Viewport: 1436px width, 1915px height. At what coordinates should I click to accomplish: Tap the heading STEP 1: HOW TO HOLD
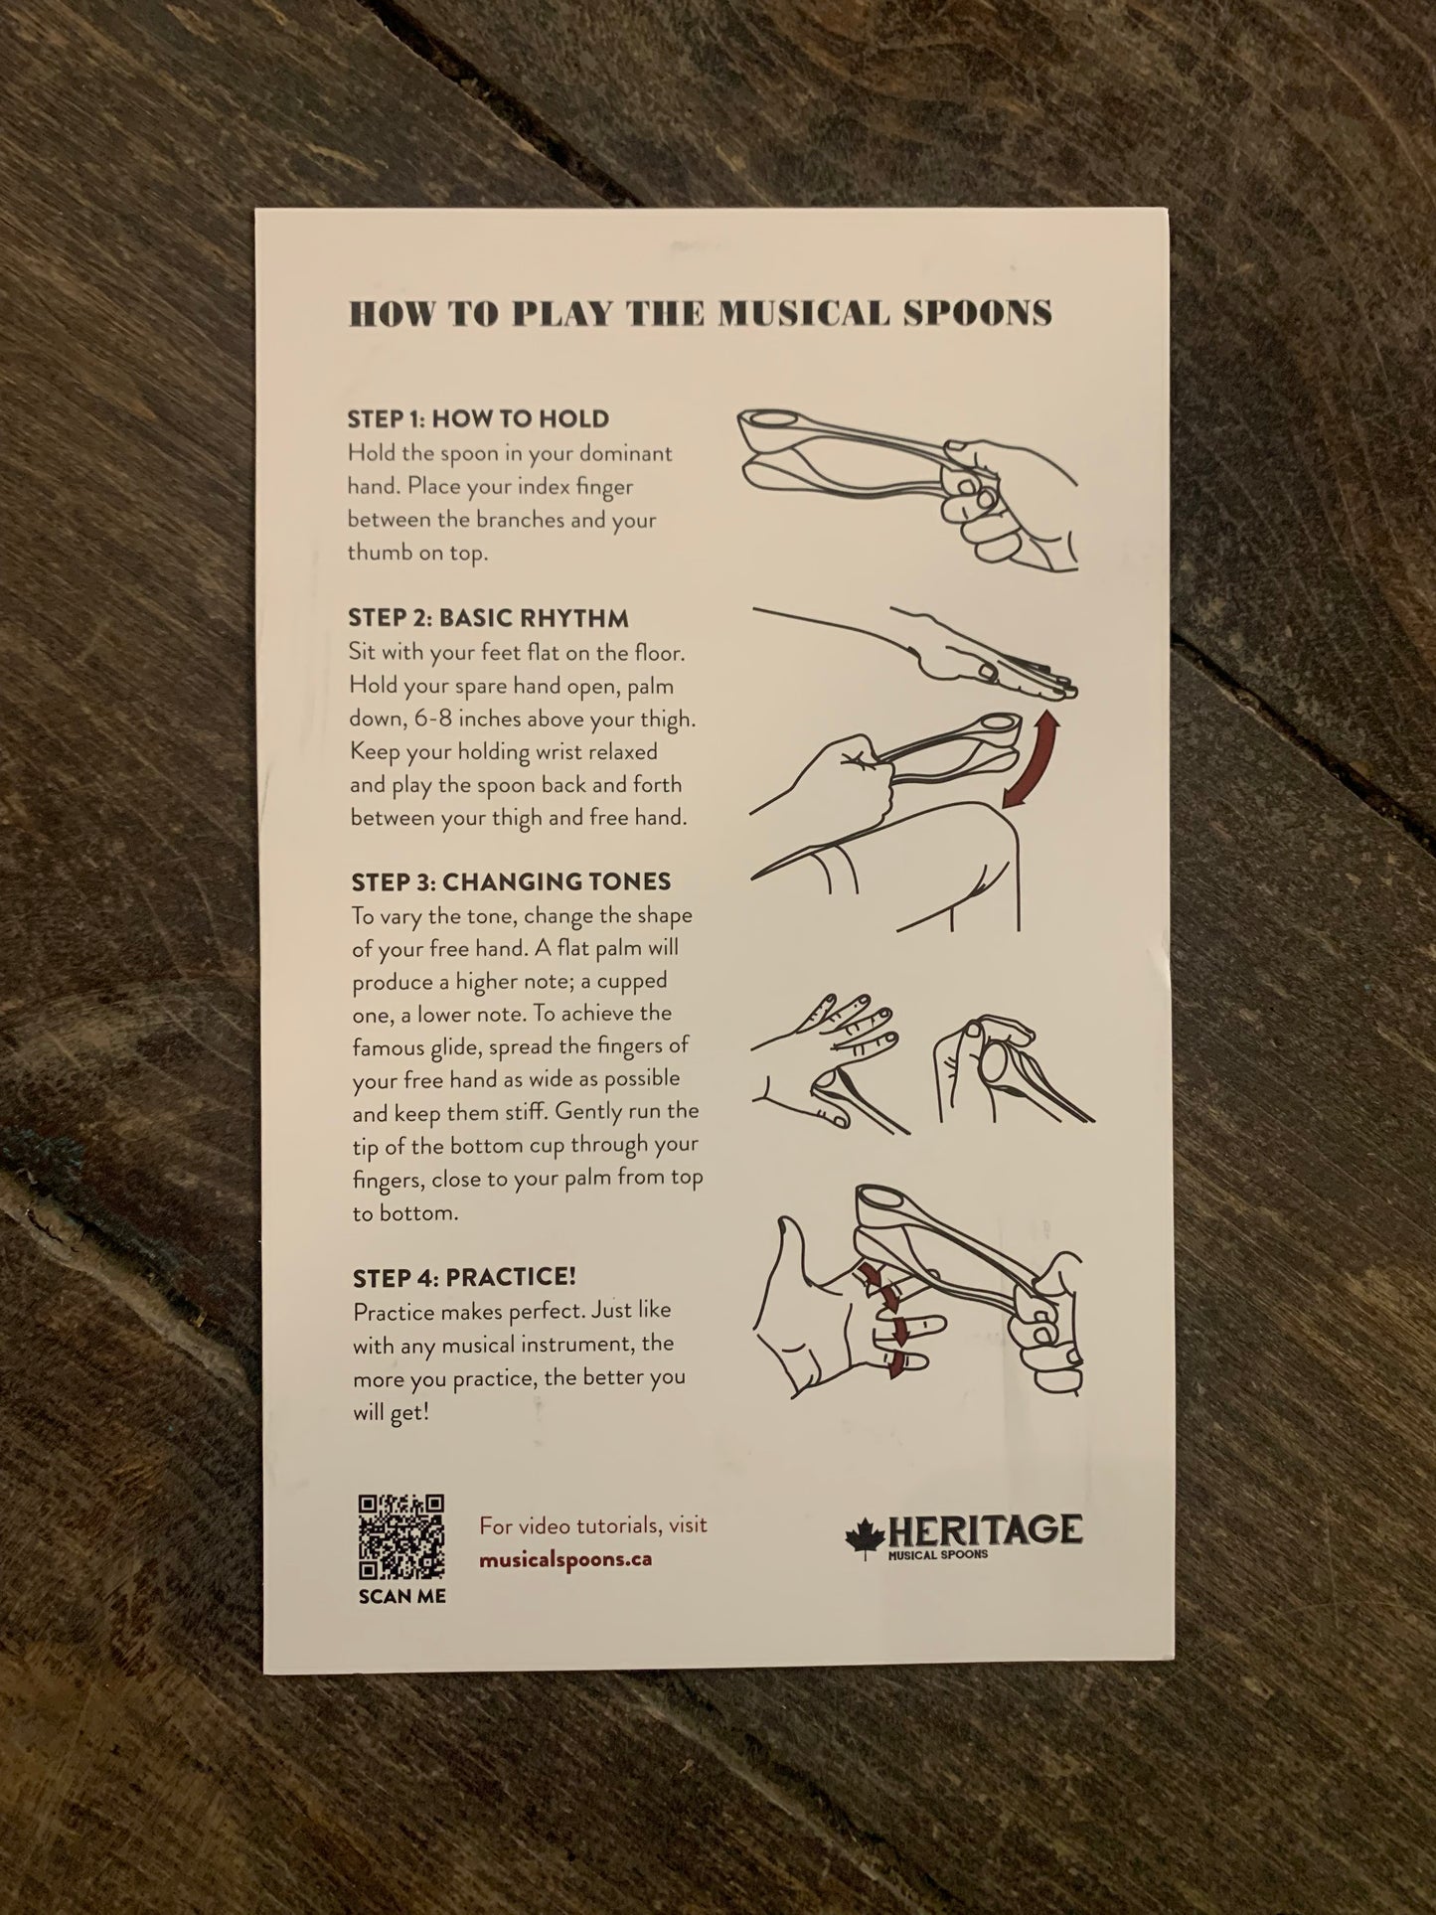click(478, 419)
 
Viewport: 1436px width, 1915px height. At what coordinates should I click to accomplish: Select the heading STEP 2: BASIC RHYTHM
click(488, 618)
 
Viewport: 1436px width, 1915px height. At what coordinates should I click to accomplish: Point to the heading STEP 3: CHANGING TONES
click(511, 881)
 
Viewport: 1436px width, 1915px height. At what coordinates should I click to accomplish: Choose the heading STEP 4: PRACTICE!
click(464, 1277)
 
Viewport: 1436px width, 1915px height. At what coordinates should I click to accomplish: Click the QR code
click(401, 1537)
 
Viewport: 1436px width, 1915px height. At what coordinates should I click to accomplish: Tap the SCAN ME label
click(402, 1596)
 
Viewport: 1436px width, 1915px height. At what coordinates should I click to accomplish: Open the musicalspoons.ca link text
click(565, 1558)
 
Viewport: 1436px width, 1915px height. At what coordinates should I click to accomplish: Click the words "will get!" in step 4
click(392, 1411)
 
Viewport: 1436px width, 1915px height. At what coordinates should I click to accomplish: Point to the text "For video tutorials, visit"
click(593, 1525)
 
